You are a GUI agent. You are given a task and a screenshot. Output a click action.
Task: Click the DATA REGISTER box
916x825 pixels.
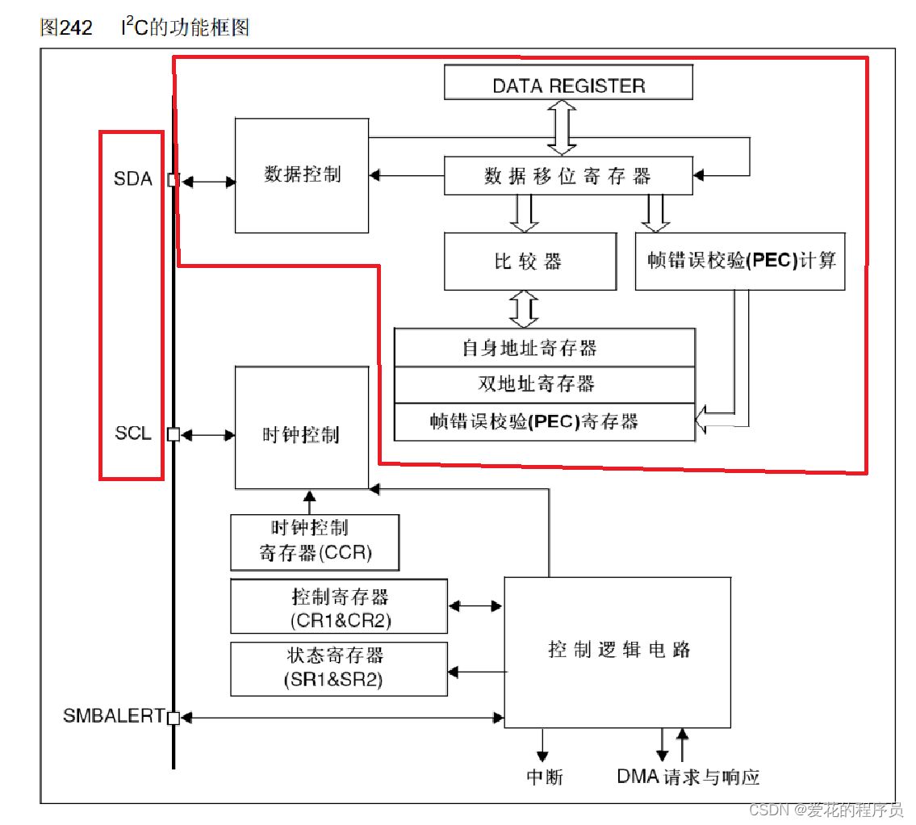(568, 83)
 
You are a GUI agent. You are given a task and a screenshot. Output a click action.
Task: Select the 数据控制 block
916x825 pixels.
(302, 175)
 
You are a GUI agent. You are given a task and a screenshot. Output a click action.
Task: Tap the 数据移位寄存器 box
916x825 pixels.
(568, 176)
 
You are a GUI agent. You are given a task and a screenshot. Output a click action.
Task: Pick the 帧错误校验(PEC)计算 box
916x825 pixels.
(740, 261)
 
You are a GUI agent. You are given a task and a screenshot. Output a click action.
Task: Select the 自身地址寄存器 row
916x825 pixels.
(544, 348)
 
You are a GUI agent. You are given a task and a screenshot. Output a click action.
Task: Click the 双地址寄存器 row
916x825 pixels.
(544, 384)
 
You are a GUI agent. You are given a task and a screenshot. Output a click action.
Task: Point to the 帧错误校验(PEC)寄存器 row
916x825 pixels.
(544, 421)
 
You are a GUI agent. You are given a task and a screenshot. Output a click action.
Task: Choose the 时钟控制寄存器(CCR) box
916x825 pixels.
(315, 542)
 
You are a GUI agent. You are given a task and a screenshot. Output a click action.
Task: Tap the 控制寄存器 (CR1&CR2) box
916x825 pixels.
(339, 607)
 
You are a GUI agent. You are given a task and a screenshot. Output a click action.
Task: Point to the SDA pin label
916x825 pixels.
(133, 179)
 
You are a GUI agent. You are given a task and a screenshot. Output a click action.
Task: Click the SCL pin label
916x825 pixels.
(133, 433)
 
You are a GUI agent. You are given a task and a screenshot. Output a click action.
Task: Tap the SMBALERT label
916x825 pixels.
(113, 716)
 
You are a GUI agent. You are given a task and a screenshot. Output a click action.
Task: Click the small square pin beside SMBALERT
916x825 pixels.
(173, 717)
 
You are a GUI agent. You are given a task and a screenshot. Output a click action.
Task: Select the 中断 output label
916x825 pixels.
(544, 777)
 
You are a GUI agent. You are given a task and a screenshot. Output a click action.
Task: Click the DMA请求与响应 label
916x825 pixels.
(688, 777)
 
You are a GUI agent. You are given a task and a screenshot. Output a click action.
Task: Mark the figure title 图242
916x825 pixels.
(65, 27)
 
